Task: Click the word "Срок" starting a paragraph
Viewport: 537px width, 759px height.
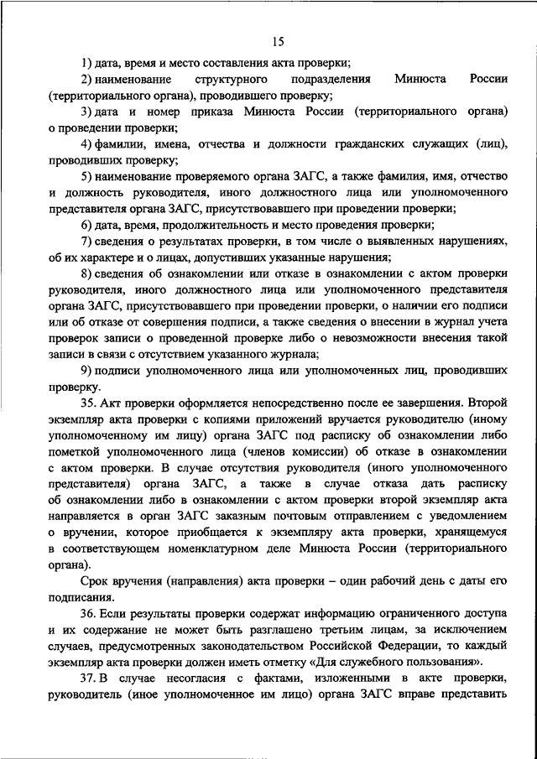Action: (96, 580)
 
